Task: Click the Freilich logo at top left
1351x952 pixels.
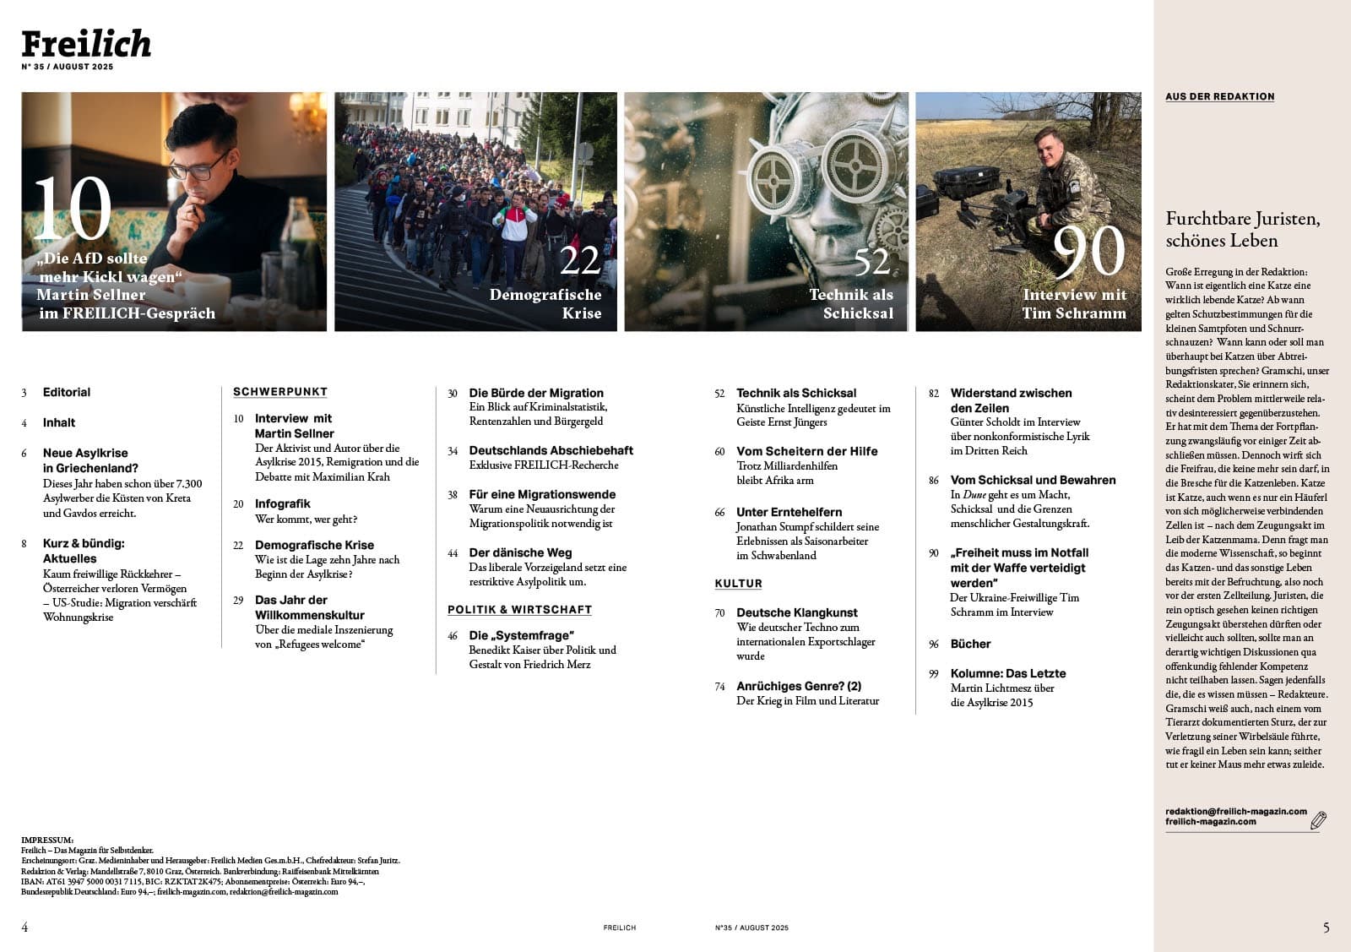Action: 86,44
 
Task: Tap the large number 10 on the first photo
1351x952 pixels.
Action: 73,209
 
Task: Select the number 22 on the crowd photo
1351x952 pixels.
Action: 580,261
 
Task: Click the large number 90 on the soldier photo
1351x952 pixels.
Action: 1089,251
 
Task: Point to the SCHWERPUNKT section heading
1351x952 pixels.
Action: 280,392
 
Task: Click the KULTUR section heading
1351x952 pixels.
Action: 738,584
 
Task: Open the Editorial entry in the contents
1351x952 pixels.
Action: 67,393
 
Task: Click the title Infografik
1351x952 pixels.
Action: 283,504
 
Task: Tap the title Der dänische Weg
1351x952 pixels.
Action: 520,553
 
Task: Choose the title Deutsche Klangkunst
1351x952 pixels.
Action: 796,613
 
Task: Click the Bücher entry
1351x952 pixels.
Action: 970,645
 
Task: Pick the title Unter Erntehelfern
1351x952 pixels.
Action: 789,513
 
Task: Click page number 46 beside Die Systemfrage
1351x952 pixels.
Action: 453,636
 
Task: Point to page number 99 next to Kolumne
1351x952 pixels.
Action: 934,674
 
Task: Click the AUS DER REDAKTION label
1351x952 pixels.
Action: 1219,97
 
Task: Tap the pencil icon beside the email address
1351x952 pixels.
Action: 1318,819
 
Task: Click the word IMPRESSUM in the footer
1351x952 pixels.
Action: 47,840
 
